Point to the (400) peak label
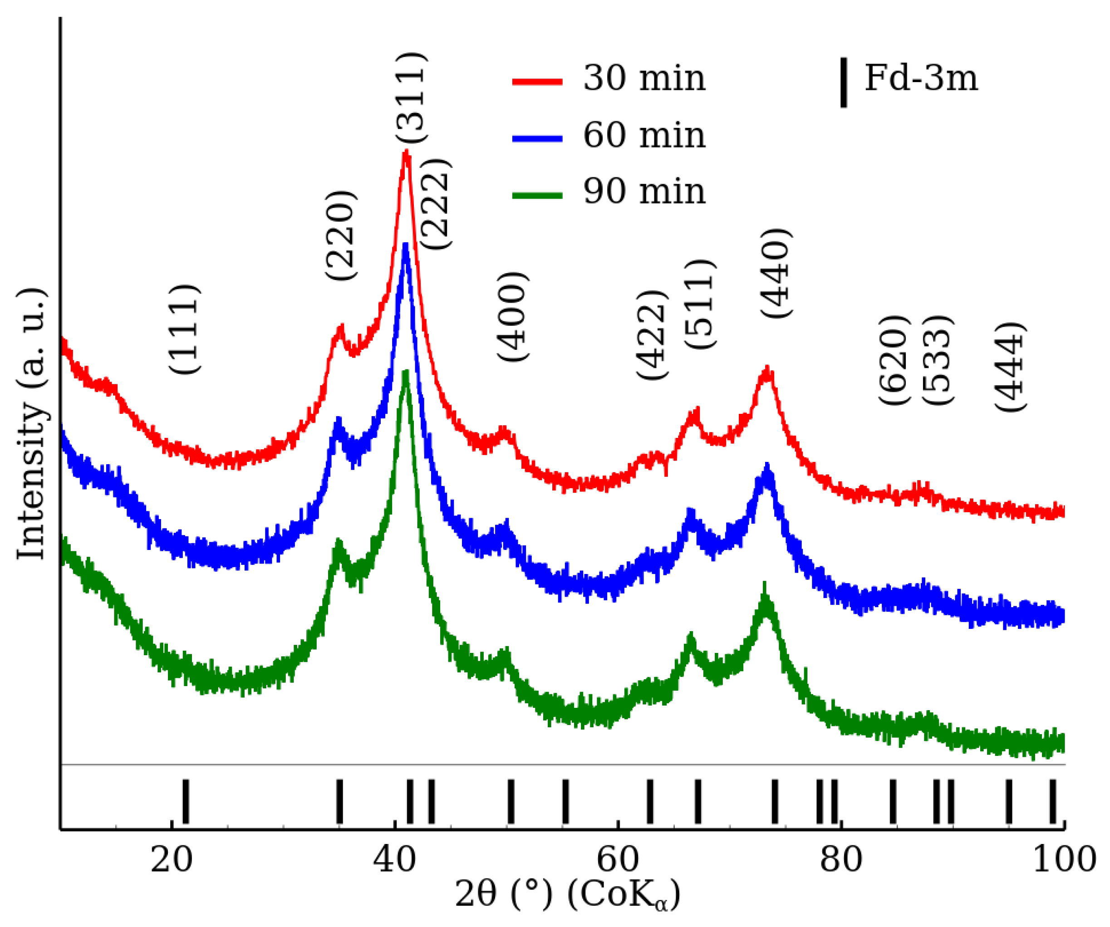click(512, 317)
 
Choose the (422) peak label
click(652, 335)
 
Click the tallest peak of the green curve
click(406, 373)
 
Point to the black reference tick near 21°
click(186, 801)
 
